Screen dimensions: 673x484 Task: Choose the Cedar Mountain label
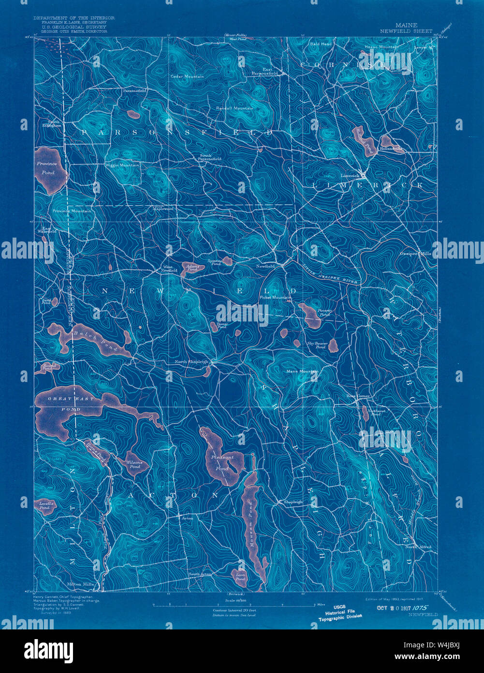click(x=187, y=76)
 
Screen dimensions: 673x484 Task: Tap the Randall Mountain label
click(x=234, y=108)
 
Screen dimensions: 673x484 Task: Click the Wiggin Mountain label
click(x=122, y=166)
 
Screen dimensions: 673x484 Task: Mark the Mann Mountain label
click(x=302, y=371)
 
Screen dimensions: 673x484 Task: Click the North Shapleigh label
click(x=191, y=362)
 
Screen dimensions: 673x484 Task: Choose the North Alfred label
click(x=418, y=547)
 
